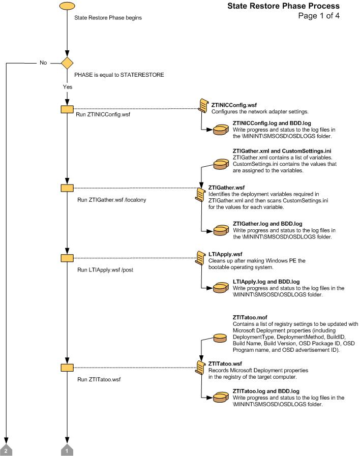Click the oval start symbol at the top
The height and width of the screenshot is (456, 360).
coord(67,7)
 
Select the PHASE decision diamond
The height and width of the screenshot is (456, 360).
coord(67,63)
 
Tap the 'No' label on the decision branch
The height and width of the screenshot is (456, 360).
coord(43,63)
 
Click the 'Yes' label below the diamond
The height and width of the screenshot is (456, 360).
coord(67,87)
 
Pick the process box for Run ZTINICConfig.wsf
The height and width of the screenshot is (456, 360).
coord(67,109)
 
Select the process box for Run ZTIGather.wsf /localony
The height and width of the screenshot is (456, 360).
coord(67,188)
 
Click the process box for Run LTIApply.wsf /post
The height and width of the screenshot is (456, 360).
coord(67,258)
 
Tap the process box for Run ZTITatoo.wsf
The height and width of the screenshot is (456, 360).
coord(67,367)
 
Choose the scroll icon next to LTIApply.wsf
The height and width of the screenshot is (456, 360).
coord(202,258)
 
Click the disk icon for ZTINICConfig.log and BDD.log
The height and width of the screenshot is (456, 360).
coord(221,130)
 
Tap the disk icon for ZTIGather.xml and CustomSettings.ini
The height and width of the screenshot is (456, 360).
coord(221,164)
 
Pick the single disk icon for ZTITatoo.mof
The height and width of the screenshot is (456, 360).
coord(220,338)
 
